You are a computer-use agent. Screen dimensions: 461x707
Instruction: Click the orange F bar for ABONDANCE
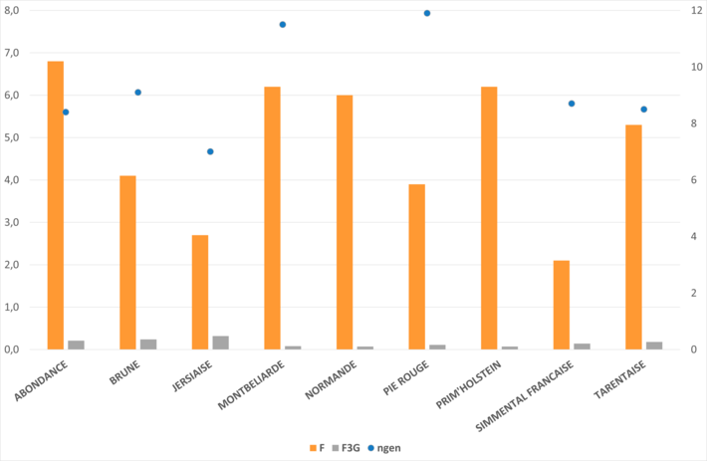(56, 205)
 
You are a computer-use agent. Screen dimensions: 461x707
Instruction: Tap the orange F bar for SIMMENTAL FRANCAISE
(562, 305)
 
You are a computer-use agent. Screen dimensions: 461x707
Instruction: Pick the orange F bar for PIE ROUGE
(417, 267)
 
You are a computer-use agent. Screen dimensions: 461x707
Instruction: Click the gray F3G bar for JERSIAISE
(220, 343)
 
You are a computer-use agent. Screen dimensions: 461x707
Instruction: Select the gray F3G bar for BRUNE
(148, 345)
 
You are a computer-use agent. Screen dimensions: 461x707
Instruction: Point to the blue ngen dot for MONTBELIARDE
(283, 24)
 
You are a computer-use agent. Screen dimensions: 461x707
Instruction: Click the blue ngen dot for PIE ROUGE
(427, 13)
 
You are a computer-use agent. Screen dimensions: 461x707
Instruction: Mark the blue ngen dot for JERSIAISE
(210, 151)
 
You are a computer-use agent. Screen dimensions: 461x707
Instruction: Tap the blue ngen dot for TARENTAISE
(644, 110)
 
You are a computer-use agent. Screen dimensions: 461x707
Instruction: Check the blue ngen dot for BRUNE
(138, 93)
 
